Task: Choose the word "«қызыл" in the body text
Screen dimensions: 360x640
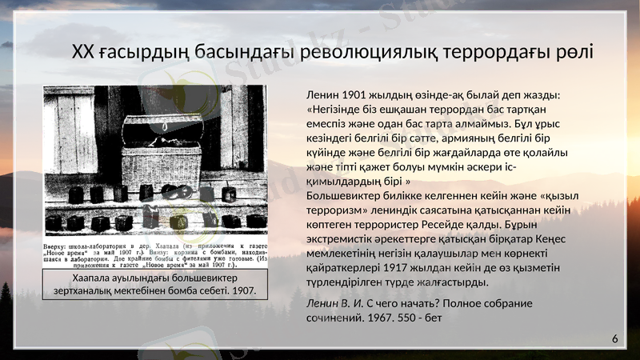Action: [x=559, y=196]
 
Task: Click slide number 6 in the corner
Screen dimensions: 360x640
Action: [x=615, y=339]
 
